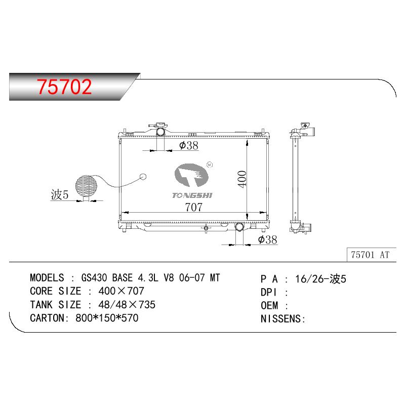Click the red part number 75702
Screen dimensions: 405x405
(x=64, y=87)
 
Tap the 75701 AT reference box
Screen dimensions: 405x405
(x=371, y=255)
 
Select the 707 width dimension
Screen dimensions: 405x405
(x=193, y=207)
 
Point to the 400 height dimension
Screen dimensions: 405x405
(x=242, y=179)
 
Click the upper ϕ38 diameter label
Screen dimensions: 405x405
(x=188, y=145)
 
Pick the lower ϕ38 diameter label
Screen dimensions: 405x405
(x=267, y=239)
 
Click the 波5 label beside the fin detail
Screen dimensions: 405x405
(x=60, y=194)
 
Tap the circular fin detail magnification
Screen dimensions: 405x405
(x=86, y=185)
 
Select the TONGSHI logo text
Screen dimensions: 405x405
(x=192, y=195)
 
